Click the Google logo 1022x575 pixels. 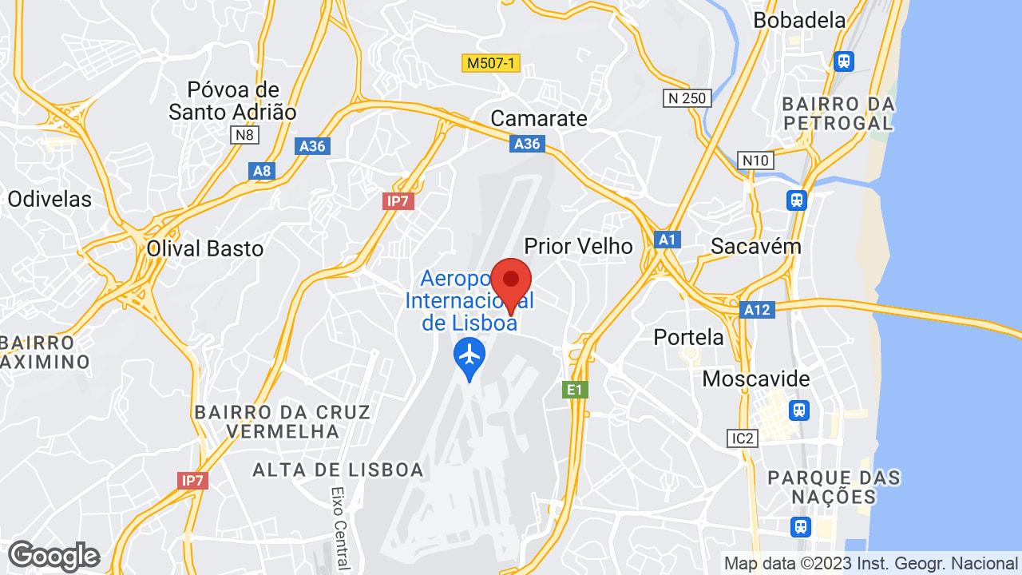(53, 556)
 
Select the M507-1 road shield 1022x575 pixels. (491, 63)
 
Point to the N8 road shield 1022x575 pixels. (244, 135)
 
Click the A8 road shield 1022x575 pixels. (262, 170)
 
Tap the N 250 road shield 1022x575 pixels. (686, 97)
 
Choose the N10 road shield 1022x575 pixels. (755, 161)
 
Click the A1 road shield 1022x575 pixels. (667, 240)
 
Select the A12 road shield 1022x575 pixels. (756, 309)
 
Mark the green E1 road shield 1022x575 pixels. (575, 390)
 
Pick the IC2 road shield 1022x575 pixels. (742, 438)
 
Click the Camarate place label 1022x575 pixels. (538, 119)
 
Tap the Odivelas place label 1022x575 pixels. (50, 199)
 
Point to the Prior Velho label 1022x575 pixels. (578, 246)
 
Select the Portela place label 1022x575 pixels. (688, 337)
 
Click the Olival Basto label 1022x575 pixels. (205, 249)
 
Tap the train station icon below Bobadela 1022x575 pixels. (843, 61)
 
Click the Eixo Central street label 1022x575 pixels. (341, 528)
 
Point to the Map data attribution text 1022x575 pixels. (870, 563)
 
